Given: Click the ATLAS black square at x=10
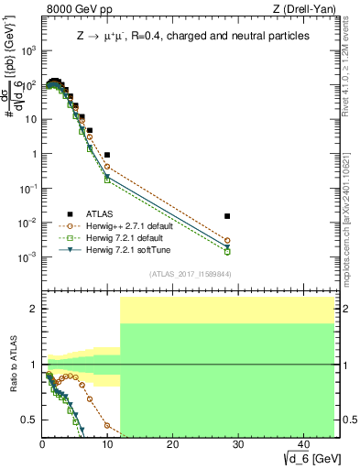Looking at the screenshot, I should [107, 155].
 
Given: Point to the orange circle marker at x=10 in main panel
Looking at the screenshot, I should [107, 167].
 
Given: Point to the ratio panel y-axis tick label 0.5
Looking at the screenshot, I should [30, 420].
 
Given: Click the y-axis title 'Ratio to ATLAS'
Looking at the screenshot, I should [11, 364].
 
